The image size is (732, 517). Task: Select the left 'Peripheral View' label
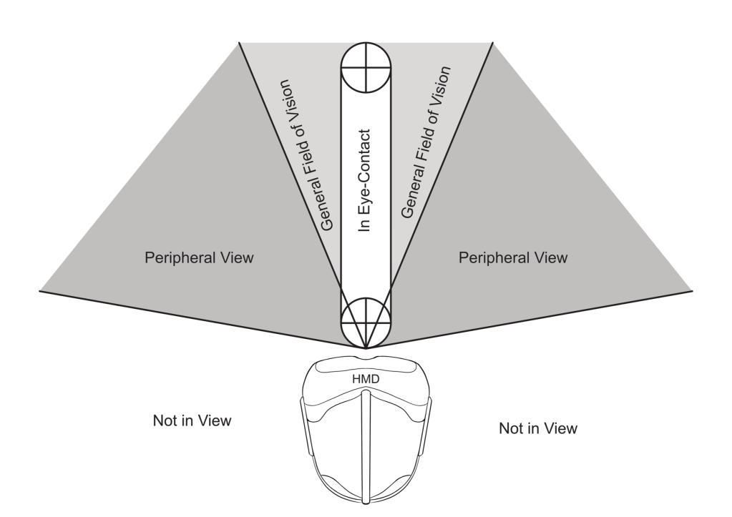199,256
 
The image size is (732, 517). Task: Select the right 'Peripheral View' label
513,256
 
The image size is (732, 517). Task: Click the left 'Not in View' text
192,420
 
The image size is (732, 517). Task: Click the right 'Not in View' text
537,429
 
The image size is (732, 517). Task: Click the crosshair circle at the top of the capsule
366,68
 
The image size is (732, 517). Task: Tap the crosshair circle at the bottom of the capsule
366,321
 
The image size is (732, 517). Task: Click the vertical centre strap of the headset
366,443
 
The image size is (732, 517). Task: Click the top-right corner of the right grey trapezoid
494,42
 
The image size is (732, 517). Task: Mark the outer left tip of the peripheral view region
40,290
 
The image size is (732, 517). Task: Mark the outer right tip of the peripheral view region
692,290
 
